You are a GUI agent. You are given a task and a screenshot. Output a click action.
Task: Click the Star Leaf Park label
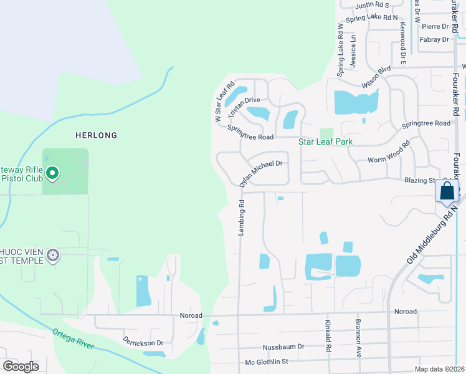[325, 141]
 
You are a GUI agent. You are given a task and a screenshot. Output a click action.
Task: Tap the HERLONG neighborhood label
[96, 135]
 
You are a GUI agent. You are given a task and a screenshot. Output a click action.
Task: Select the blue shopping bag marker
[447, 191]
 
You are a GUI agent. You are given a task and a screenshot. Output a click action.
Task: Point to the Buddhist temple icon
[54, 255]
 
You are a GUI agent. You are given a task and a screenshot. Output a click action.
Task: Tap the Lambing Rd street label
[241, 218]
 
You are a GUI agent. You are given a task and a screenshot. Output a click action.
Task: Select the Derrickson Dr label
[143, 343]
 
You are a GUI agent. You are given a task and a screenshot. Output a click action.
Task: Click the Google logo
[21, 367]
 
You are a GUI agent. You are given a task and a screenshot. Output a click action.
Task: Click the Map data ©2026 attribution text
[439, 369]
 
